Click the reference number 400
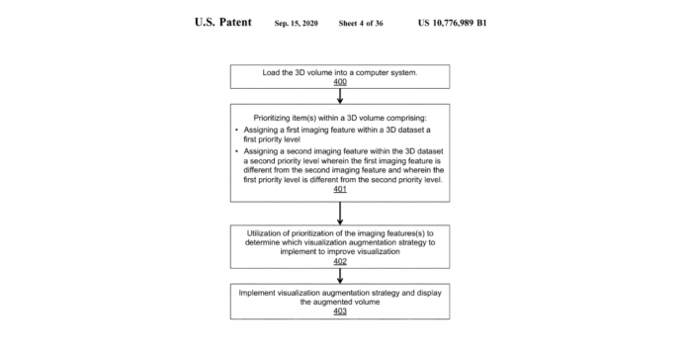pyautogui.click(x=339, y=84)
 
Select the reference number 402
pyautogui.click(x=339, y=261)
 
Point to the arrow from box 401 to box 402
pyautogui.click(x=339, y=213)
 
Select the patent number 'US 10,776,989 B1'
pyautogui.click(x=451, y=22)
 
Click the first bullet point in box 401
pyautogui.click(x=235, y=131)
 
